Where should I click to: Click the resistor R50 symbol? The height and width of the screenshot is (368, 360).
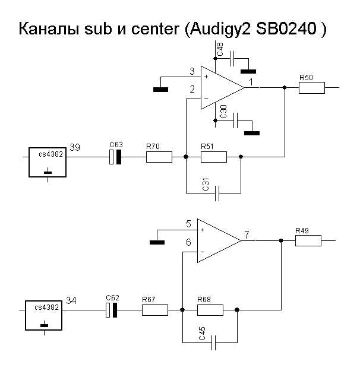tap(312, 88)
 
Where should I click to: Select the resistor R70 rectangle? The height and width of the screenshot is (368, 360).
tap(159, 157)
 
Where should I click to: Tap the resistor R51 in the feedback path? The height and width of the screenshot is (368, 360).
tap(214, 157)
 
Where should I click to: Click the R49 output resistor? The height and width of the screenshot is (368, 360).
tap(308, 240)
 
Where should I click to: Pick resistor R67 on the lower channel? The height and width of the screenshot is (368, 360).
tap(155, 310)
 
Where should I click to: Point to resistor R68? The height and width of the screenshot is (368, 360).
tap(210, 310)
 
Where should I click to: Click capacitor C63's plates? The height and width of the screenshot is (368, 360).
tap(115, 157)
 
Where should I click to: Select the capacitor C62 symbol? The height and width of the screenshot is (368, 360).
tap(112, 310)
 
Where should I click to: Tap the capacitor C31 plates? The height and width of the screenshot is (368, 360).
tap(217, 193)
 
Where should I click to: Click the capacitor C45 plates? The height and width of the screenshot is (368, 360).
tap(214, 342)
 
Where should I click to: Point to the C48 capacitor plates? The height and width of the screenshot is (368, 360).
tap(232, 58)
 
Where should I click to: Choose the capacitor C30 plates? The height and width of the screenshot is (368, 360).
tap(235, 120)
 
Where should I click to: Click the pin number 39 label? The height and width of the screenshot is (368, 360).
tap(75, 147)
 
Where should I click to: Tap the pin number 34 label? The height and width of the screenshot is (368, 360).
tap(71, 300)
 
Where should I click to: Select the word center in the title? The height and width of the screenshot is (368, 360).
tap(155, 29)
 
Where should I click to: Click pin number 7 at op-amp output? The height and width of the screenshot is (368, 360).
tap(247, 235)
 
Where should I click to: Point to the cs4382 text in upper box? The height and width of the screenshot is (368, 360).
tap(51, 154)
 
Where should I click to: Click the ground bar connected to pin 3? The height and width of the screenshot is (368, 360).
tap(160, 90)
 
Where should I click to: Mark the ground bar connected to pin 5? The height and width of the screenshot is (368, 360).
tap(157, 242)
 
